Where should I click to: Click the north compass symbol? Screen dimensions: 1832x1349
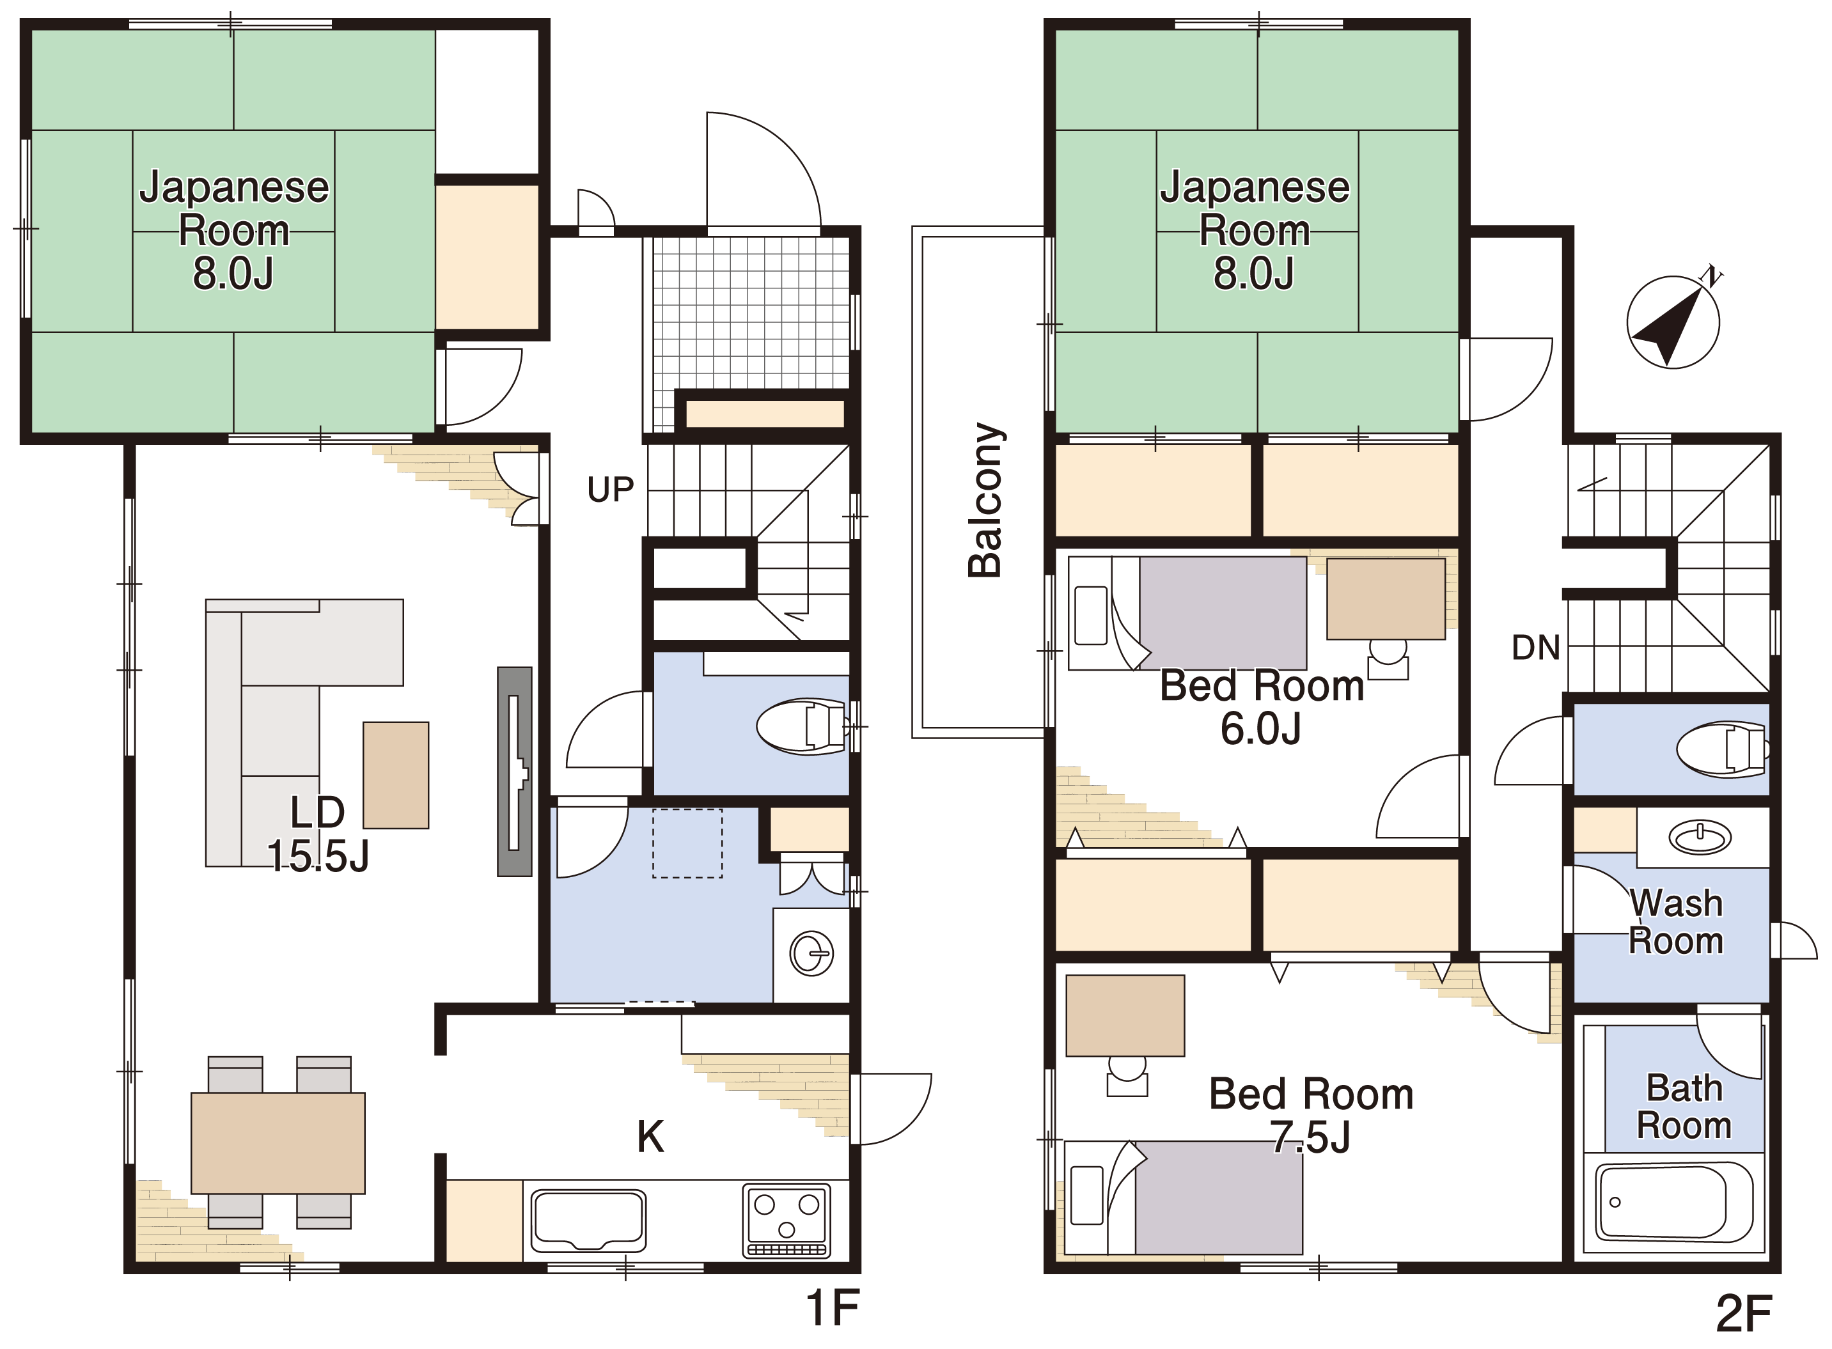click(x=1673, y=321)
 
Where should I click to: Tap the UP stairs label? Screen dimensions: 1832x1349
click(x=610, y=490)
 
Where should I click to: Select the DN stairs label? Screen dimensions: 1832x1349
click(x=1535, y=648)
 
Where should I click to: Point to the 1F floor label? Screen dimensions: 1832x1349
click(x=833, y=1308)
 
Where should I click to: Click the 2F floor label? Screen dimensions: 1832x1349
click(x=1744, y=1314)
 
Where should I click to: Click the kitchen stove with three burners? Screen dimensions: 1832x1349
click(x=787, y=1220)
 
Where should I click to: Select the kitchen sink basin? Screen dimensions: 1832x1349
click(x=588, y=1220)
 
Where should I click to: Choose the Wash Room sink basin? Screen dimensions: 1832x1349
click(x=1700, y=837)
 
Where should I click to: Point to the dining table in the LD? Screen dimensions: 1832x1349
click(x=278, y=1143)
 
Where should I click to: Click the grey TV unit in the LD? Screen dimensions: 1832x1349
click(x=515, y=772)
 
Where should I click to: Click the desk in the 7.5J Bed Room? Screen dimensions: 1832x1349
click(x=1125, y=1016)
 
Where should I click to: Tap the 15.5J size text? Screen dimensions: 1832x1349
click(x=318, y=857)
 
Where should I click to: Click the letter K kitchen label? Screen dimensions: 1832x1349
click(x=650, y=1137)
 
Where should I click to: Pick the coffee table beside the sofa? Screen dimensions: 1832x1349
click(x=395, y=775)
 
